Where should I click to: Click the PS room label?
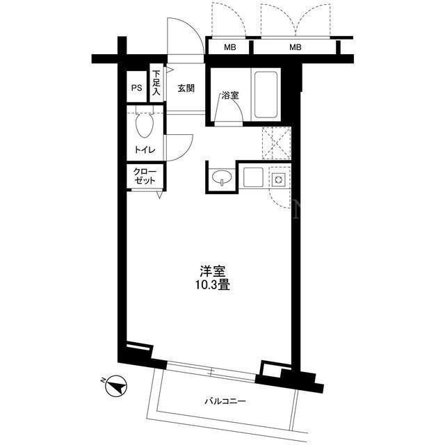point(136,88)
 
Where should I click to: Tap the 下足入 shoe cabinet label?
point(156,83)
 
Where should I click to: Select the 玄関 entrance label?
point(186,88)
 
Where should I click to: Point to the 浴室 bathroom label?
point(230,95)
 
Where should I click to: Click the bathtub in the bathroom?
point(266,95)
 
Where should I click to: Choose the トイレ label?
point(145,149)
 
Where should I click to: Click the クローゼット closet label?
point(145,176)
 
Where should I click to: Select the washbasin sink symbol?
point(222,178)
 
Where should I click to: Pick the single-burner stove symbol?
point(278,179)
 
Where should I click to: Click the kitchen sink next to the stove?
point(253,177)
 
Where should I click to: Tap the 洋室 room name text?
point(213,271)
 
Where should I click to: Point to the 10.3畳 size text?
point(212,285)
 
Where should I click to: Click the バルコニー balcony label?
point(225,401)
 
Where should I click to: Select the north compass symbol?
point(115,385)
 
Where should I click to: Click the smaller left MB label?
point(230,47)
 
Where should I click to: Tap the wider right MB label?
point(295,47)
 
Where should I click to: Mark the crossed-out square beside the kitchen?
point(277,143)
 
